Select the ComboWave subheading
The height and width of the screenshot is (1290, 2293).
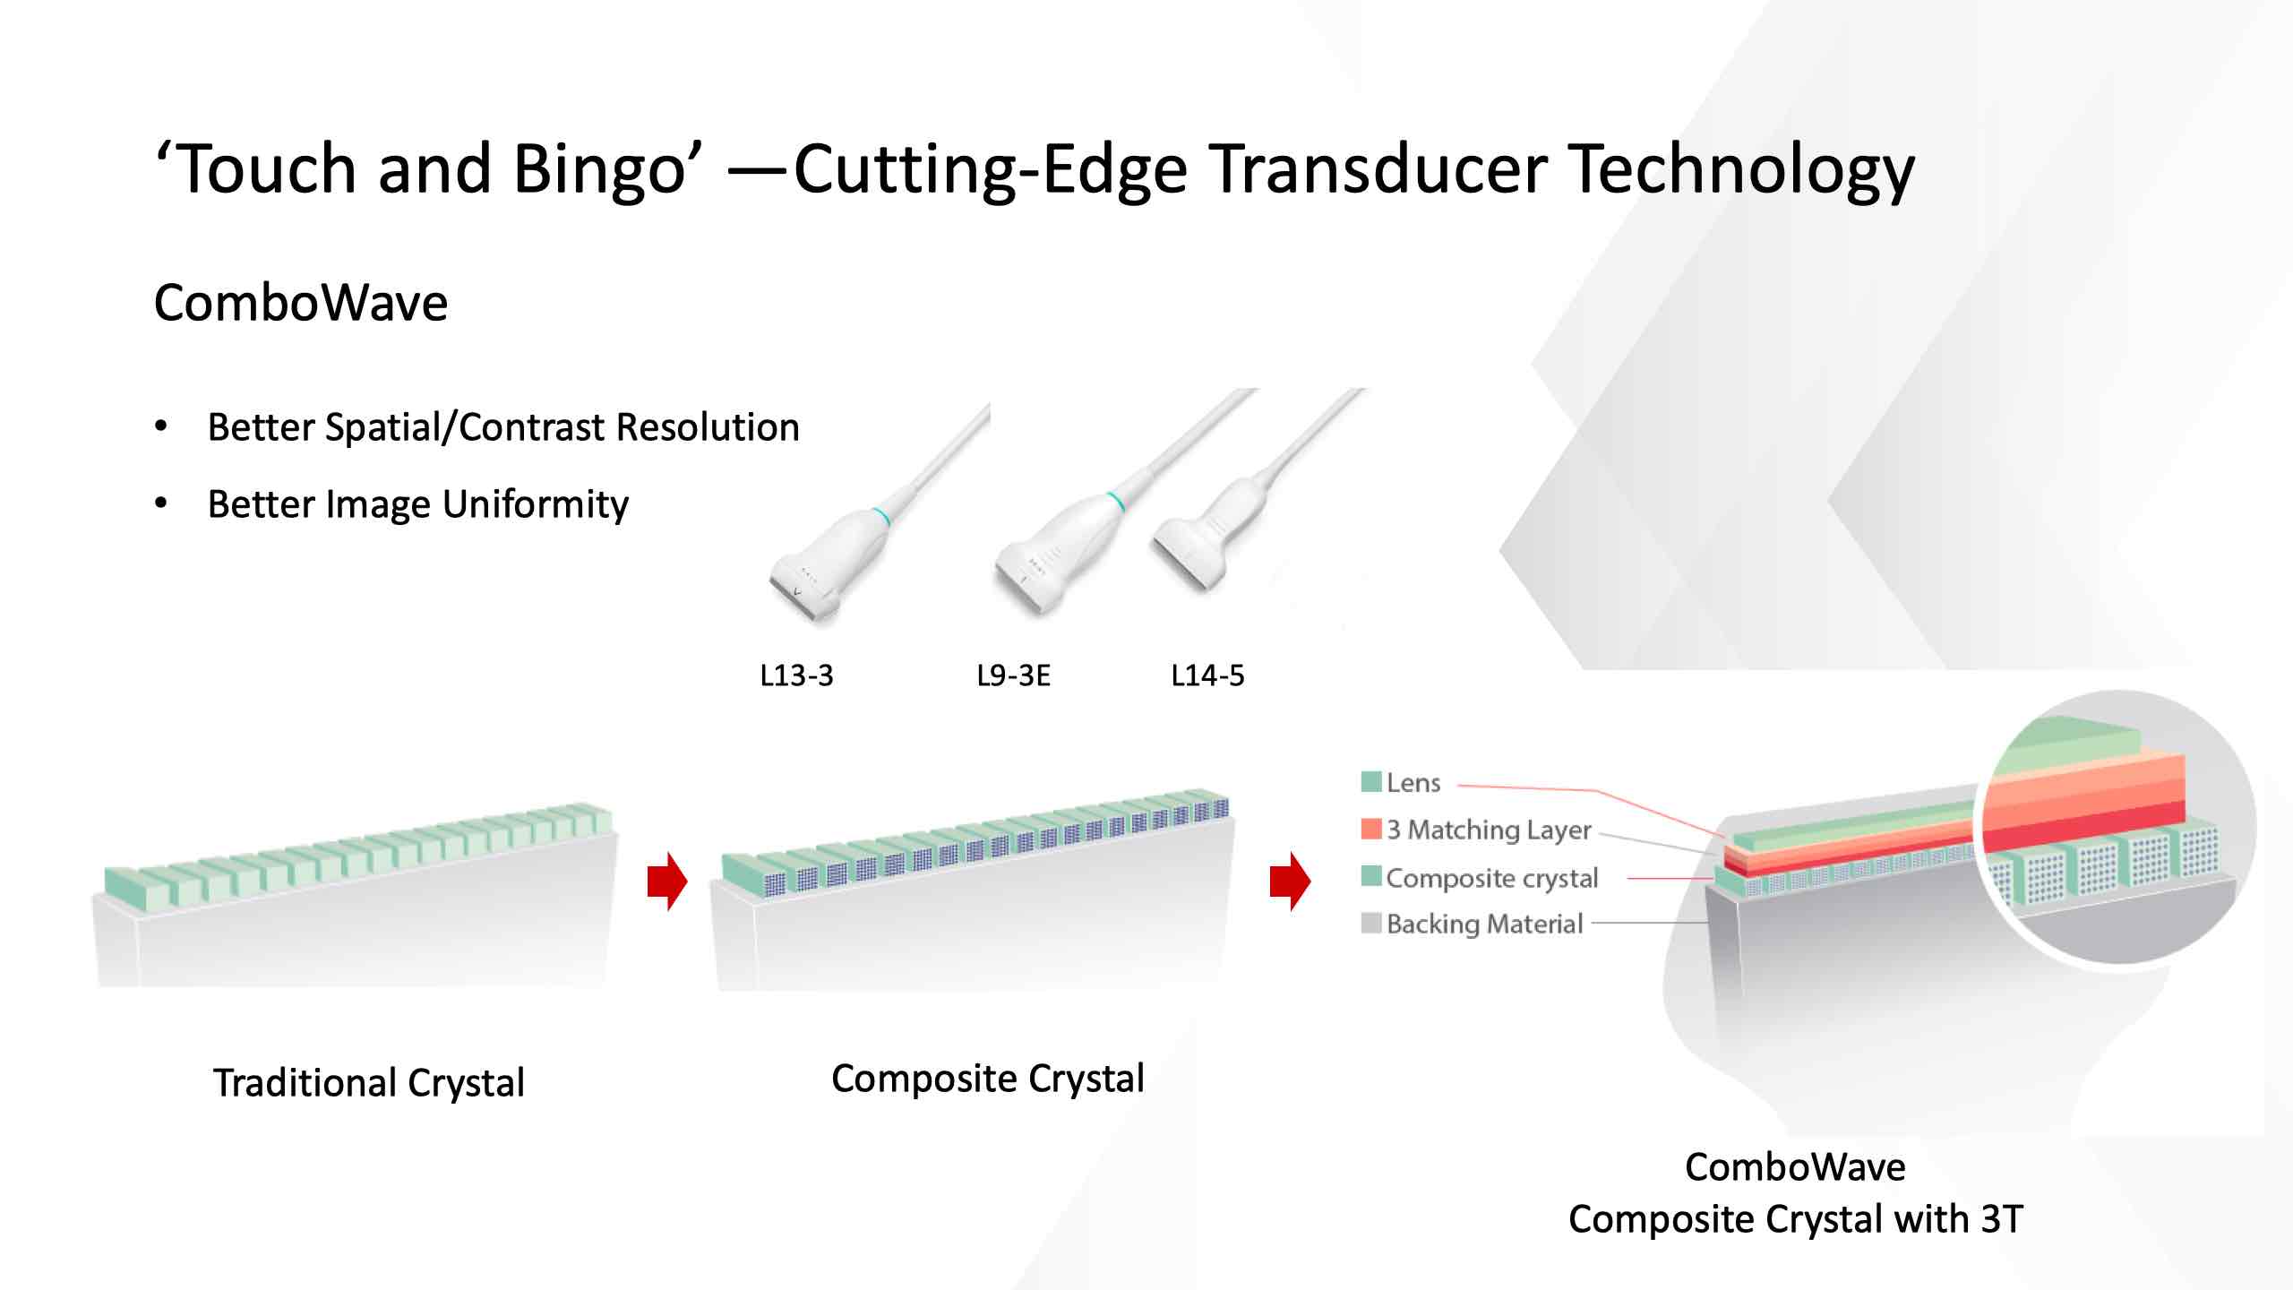coord(301,303)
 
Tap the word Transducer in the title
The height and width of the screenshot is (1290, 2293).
coord(1379,168)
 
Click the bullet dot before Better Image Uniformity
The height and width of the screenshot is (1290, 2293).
coord(161,503)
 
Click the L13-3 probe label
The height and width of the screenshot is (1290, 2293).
coord(796,675)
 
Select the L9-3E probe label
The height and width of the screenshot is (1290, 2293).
coord(1013,675)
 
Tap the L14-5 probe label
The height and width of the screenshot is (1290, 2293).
coord(1207,675)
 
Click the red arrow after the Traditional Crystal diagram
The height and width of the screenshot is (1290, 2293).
coord(667,881)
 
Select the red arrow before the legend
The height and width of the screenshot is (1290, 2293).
coord(1290,881)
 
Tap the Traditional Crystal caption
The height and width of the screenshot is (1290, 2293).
coord(368,1083)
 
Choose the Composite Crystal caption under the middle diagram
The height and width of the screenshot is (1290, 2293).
coord(988,1079)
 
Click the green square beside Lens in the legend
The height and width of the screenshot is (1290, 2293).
coord(1370,782)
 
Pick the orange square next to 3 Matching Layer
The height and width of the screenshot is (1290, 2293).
coord(1370,829)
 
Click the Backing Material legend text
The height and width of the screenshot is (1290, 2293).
coord(1485,924)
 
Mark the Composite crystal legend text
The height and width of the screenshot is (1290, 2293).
coord(1492,878)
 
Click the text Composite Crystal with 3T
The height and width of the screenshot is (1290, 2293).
coord(1796,1219)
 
